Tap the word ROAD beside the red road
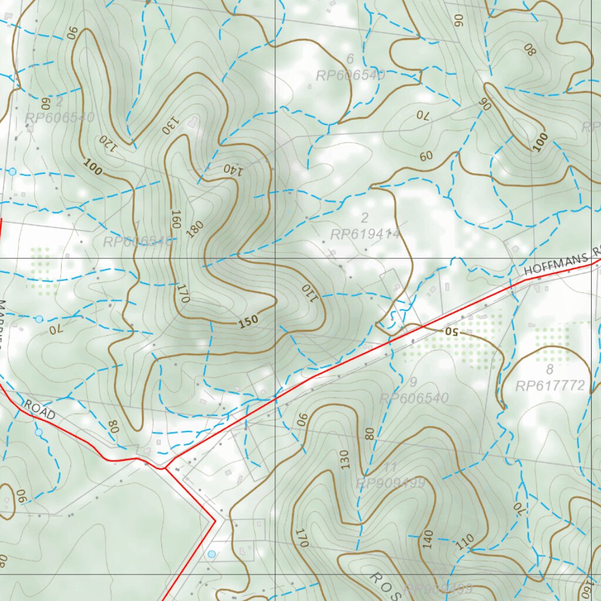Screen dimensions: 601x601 [39, 409]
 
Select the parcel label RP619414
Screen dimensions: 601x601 [365, 235]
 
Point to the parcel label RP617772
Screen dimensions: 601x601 [550, 386]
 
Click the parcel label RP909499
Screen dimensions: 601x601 [390, 483]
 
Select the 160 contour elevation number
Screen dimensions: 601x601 [175, 219]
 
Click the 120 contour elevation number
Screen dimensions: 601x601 [106, 144]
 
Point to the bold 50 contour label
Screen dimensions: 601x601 [450, 332]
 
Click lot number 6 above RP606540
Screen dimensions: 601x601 [350, 59]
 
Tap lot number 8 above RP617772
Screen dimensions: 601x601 [550, 370]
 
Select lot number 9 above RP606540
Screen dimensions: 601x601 [413, 383]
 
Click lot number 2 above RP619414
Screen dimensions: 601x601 [364, 218]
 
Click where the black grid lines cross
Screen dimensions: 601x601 [275, 258]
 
